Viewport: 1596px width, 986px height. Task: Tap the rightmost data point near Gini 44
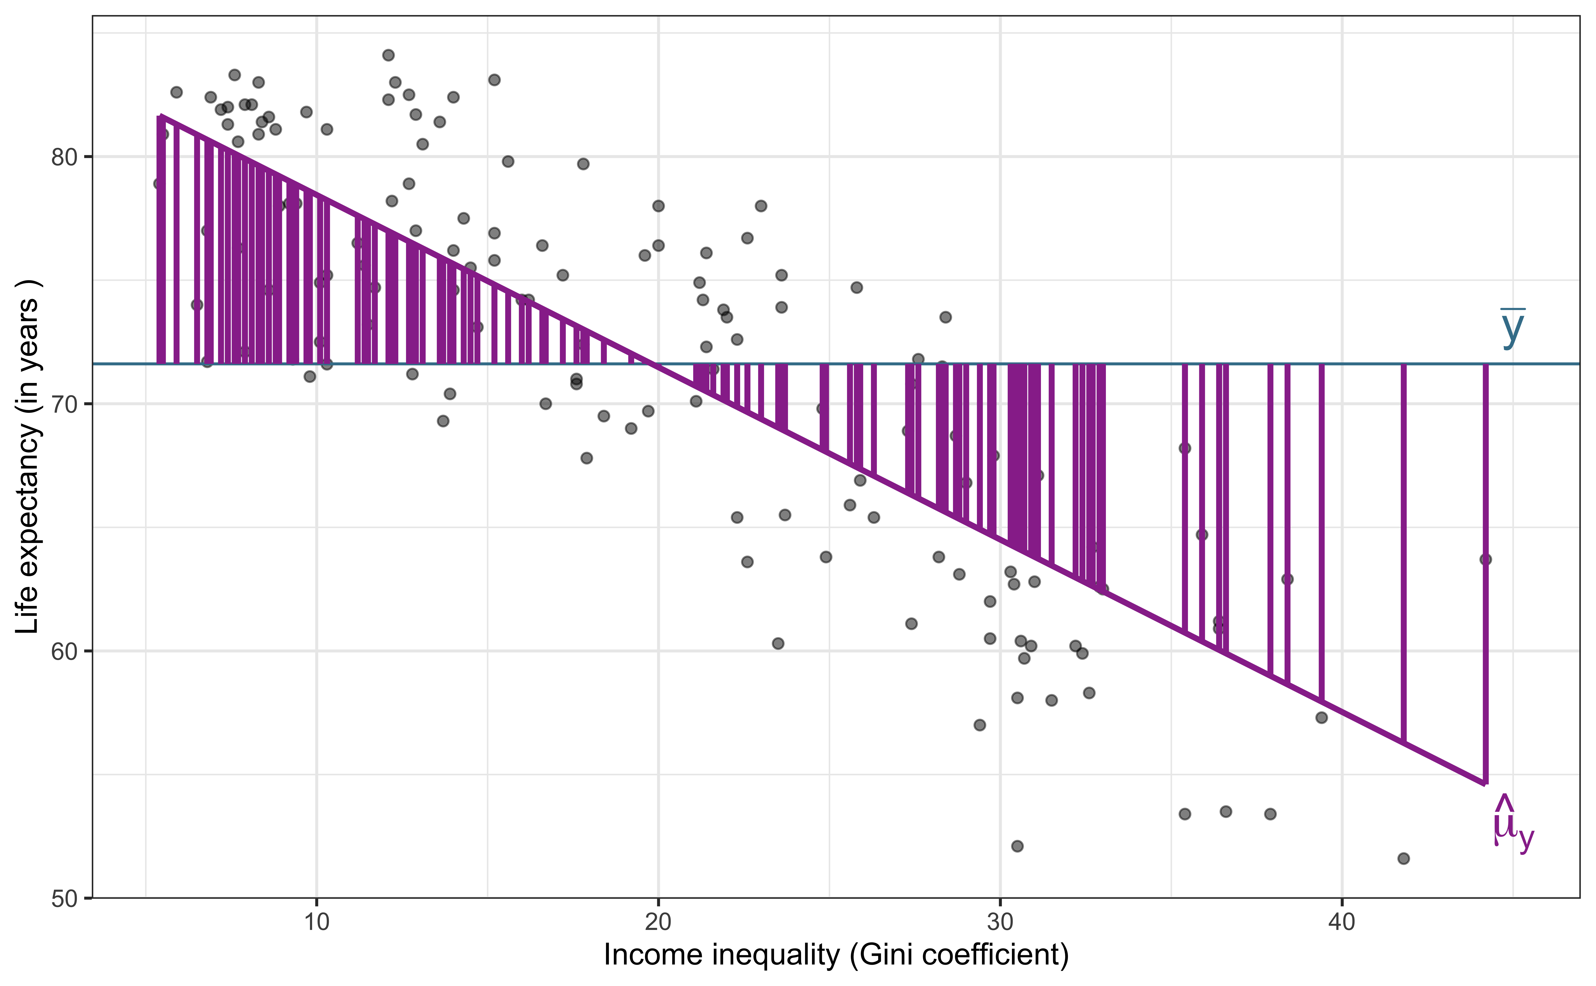pos(1486,560)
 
